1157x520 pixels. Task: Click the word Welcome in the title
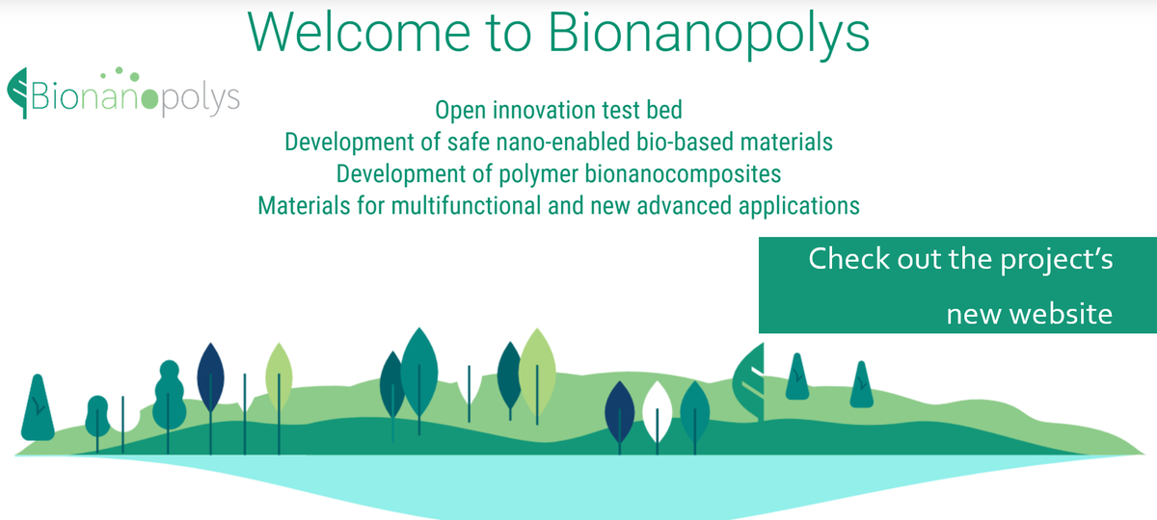(359, 32)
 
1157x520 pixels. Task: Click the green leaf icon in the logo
(17, 92)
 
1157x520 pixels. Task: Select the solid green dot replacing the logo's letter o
(149, 98)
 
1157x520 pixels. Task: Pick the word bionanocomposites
(683, 174)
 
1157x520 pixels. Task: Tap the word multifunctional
(466, 205)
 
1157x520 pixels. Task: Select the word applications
(799, 206)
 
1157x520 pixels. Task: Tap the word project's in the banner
(1057, 260)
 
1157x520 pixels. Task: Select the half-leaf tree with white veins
(749, 381)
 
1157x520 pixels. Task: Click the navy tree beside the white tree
(619, 413)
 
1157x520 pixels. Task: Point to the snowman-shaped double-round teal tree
(170, 395)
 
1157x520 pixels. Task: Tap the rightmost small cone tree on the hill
(862, 384)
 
